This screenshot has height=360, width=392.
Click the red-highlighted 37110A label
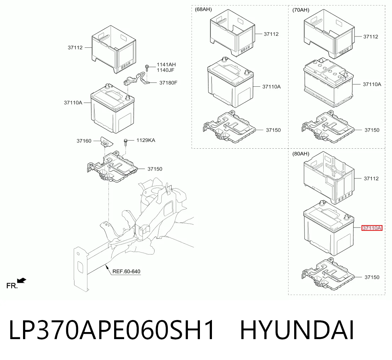pos(372,228)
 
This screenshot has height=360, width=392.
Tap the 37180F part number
pos(168,82)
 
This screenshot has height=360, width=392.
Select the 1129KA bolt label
pos(146,140)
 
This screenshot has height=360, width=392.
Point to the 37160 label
pos(84,141)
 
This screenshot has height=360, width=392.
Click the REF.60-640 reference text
pos(126,272)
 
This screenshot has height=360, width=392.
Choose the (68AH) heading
pos(203,9)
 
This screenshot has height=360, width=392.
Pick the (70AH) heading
pos(301,10)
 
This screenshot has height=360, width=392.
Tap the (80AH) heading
pos(301,154)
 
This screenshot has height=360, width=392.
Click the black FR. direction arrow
pos(22,281)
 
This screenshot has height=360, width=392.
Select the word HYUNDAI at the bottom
pos(297,330)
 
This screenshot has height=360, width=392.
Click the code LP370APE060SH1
pos(112,330)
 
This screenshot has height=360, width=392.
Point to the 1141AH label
pos(166,64)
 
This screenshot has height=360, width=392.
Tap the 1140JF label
pos(166,70)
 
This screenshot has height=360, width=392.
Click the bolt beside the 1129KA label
pos(126,143)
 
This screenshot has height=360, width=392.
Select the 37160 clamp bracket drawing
pos(106,142)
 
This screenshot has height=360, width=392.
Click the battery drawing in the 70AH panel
pos(329,82)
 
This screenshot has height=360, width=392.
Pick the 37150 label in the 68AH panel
pos(273,130)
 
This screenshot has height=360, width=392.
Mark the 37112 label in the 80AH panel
pos(371,178)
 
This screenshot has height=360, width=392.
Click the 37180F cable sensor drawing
pos(136,79)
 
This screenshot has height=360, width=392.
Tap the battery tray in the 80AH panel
pos(328,274)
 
